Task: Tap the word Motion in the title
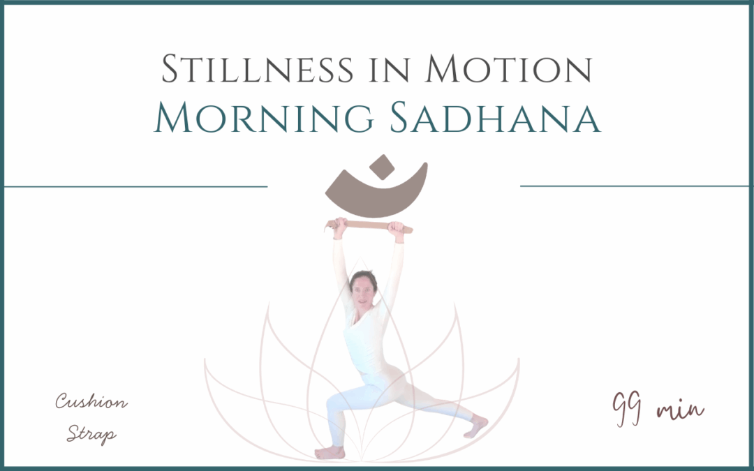coord(509,70)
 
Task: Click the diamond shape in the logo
coord(380,167)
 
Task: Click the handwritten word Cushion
coord(91,403)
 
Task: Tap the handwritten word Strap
coord(91,434)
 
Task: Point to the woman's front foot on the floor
coord(330,452)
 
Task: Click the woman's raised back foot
coord(477,425)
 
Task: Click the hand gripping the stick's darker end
coord(340,225)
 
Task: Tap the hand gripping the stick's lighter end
coord(397,227)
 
